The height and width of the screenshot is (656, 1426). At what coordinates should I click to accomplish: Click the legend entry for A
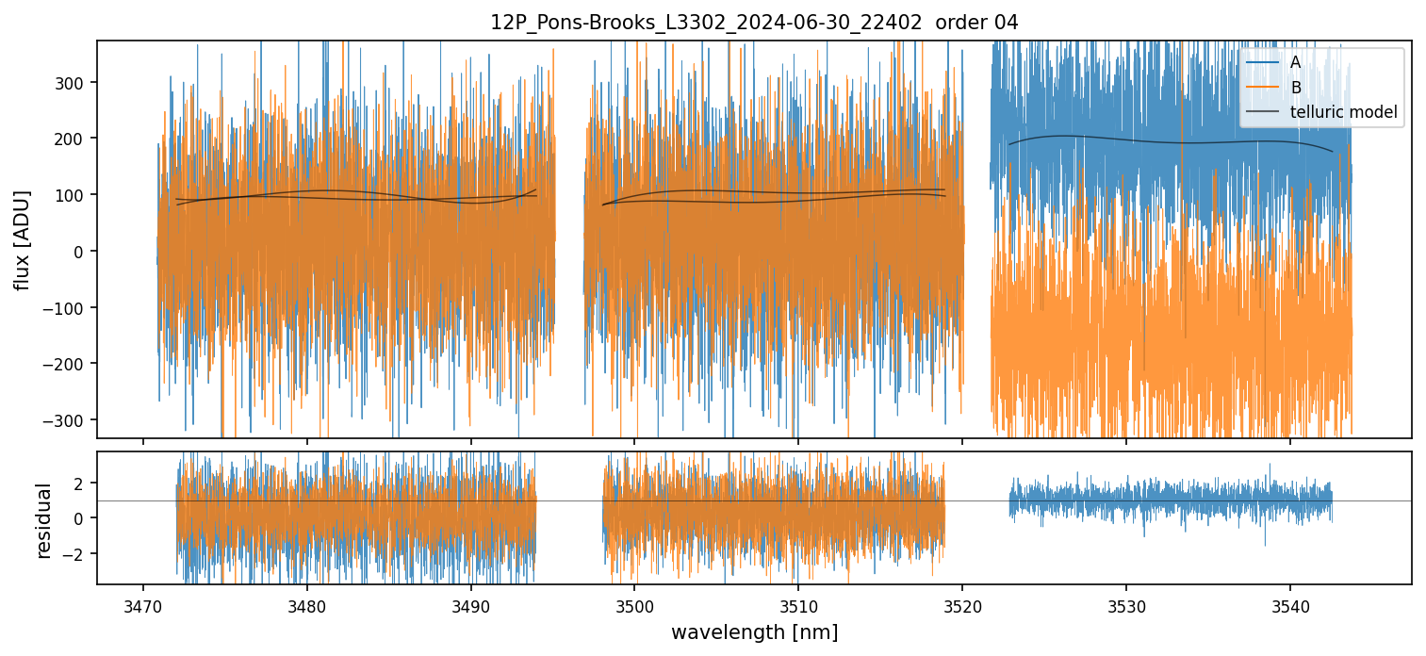1295,62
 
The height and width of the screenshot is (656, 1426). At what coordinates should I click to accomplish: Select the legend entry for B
1295,88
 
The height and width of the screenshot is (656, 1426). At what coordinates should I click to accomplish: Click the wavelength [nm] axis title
754,631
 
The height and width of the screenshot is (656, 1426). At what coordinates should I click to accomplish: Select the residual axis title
43,520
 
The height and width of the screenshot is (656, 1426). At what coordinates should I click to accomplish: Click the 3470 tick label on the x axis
143,603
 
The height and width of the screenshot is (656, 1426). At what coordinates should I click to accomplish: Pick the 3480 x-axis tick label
307,603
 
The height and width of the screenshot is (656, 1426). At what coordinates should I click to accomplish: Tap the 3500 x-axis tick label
634,603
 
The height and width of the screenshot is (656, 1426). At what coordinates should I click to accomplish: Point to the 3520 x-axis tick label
962,603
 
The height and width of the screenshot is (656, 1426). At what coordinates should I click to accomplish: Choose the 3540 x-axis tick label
1290,603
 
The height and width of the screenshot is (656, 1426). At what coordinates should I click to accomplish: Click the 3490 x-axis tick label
470,603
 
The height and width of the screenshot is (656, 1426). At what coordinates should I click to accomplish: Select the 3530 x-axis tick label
1126,603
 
